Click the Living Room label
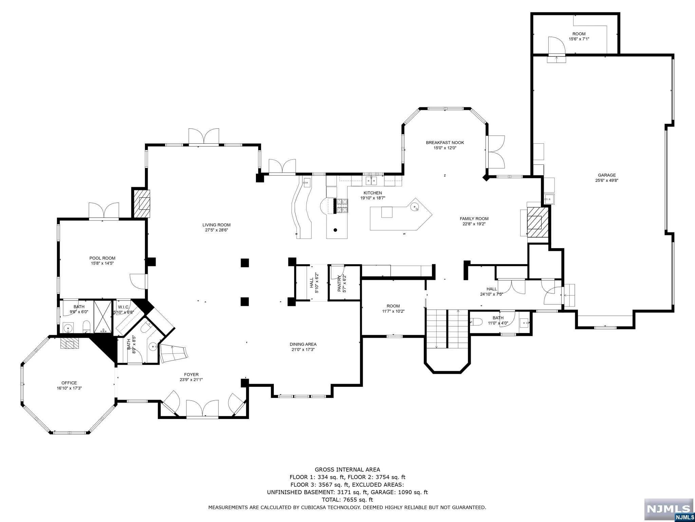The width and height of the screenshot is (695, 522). [216, 225]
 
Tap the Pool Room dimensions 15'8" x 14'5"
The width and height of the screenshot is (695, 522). [102, 263]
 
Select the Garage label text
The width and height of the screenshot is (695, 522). [607, 175]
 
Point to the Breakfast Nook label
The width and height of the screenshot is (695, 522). [445, 143]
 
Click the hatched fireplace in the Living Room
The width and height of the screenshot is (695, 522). [142, 204]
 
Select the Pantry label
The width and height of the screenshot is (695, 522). [339, 283]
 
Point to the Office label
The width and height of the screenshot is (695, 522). [69, 383]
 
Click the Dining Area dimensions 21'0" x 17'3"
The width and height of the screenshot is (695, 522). [303, 349]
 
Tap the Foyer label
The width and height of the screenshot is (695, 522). [191, 375]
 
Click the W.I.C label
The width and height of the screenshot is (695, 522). [123, 307]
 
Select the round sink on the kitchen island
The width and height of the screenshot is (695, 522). [415, 207]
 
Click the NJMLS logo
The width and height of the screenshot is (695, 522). [669, 509]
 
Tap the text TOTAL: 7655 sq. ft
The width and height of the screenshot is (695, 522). [347, 500]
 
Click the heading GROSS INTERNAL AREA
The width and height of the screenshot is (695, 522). [347, 470]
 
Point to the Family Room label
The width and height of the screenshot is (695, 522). [474, 219]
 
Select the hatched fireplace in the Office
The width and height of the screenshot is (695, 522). [70, 343]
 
